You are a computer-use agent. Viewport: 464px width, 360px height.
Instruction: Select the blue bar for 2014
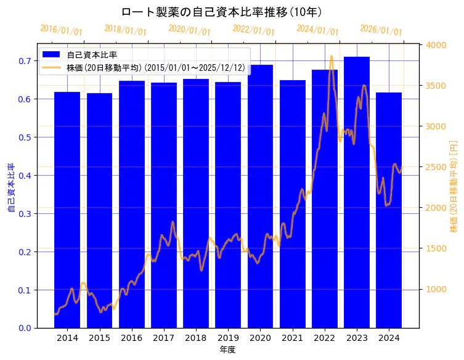(67, 210)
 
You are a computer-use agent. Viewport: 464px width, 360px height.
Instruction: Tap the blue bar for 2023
(357, 192)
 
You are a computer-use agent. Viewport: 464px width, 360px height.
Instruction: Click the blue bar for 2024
(389, 210)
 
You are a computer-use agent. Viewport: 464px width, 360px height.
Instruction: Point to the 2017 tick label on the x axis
(163, 338)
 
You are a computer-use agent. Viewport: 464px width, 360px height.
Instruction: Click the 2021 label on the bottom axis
(292, 338)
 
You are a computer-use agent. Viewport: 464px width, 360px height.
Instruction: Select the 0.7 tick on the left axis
(24, 61)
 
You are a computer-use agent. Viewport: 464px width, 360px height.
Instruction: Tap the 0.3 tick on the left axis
(24, 214)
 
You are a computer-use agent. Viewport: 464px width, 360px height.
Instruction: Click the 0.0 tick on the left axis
(24, 328)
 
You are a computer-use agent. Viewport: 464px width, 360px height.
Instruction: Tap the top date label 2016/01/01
(61, 30)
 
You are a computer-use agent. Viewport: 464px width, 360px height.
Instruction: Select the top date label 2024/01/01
(317, 30)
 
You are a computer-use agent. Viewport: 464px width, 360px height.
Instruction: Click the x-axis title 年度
(227, 350)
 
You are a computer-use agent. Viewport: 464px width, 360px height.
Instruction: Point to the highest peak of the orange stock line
(332, 57)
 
